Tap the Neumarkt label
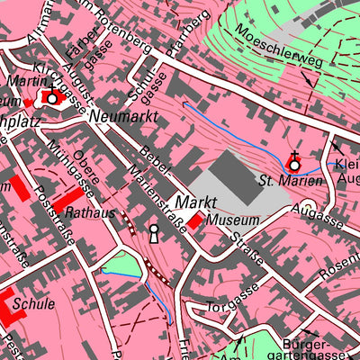(124, 117)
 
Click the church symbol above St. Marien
(294, 163)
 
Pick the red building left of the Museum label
(195, 220)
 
